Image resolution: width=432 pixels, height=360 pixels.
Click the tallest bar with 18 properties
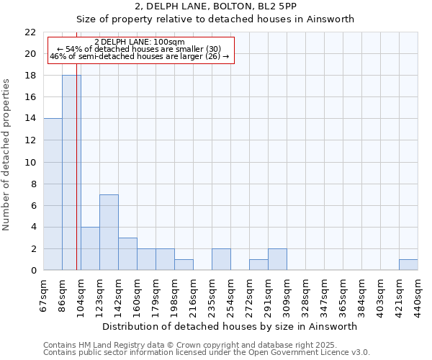click(x=71, y=173)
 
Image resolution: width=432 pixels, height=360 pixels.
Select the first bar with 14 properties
click(x=53, y=194)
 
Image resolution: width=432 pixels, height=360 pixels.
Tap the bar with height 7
click(x=109, y=232)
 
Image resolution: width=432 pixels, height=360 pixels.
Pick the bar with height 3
click(x=127, y=253)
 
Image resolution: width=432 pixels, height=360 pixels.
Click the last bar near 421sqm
click(x=408, y=265)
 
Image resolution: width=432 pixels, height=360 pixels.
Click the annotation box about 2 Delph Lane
click(x=141, y=50)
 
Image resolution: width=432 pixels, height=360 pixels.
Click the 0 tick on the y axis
click(x=33, y=271)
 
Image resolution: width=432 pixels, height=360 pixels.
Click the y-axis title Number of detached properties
click(x=7, y=156)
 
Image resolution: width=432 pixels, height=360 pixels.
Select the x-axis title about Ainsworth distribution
click(x=230, y=326)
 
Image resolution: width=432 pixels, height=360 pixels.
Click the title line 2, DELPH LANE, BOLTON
click(x=215, y=6)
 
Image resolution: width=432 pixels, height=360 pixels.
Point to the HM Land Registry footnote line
click(x=190, y=346)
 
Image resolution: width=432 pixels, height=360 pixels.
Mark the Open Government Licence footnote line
click(x=207, y=353)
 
